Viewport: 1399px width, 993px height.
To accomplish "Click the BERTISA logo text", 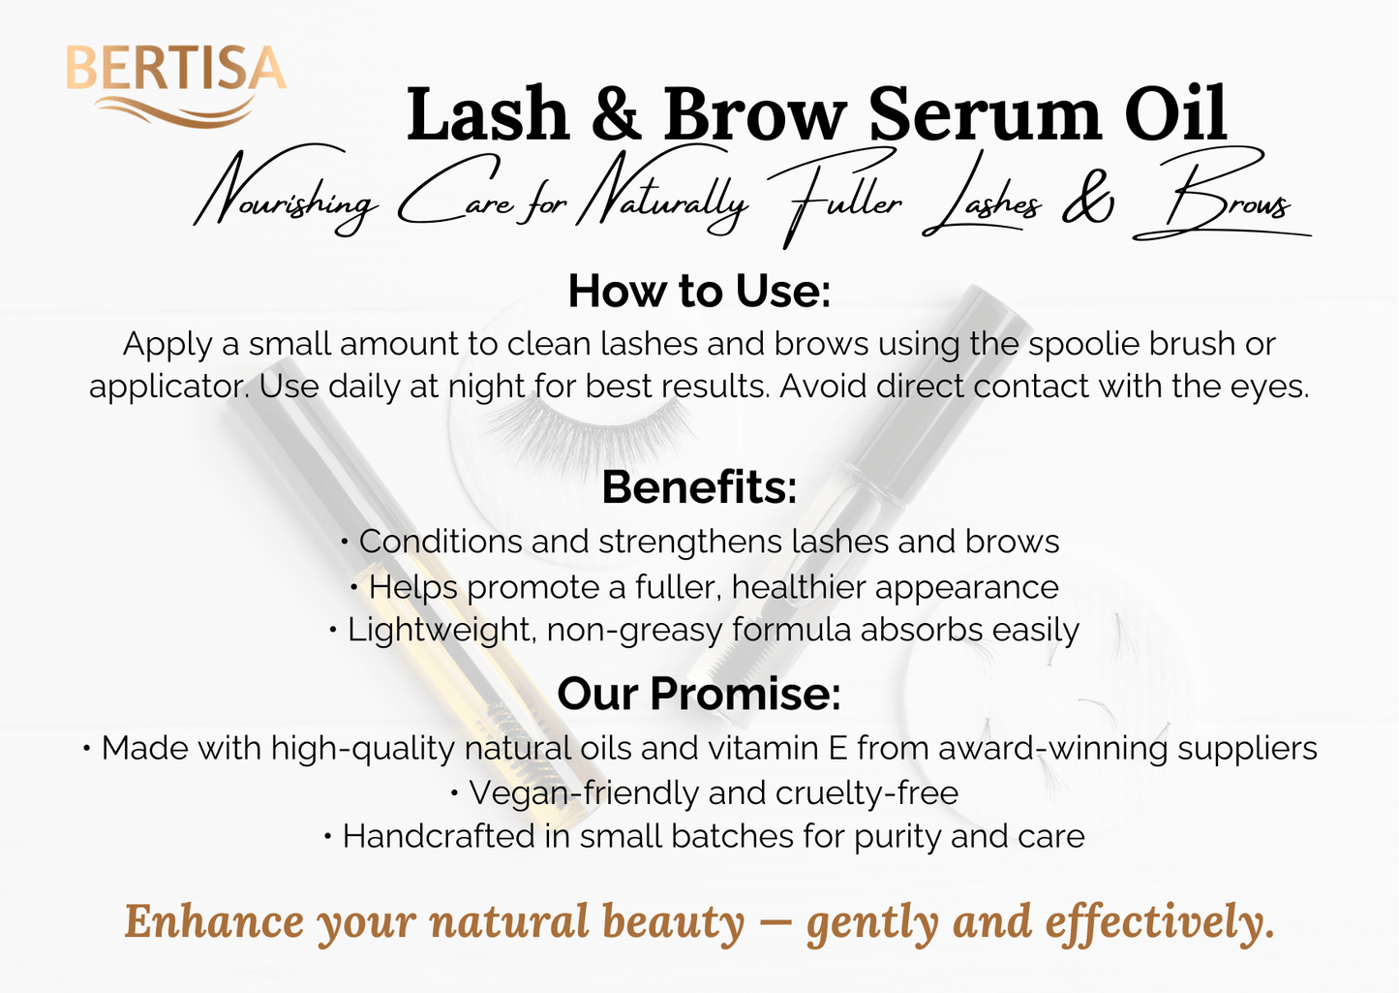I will pyautogui.click(x=175, y=70).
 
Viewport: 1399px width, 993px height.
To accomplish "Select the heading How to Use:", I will pyautogui.click(x=699, y=291).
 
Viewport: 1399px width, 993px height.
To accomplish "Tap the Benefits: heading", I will pyautogui.click(x=699, y=487).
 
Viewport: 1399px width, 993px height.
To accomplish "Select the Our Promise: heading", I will pyautogui.click(x=699, y=694).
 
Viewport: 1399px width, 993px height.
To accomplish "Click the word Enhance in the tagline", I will pyautogui.click(x=214, y=921).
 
